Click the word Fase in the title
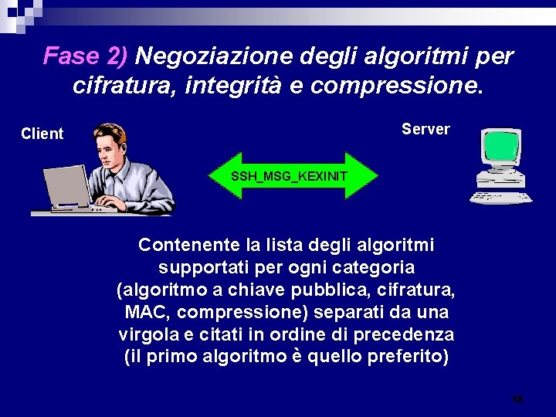click(x=69, y=56)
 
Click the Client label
click(x=42, y=134)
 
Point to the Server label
click(x=425, y=129)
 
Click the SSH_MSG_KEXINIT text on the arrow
click(x=290, y=176)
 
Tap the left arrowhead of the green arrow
click(x=221, y=176)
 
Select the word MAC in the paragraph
click(x=142, y=314)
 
